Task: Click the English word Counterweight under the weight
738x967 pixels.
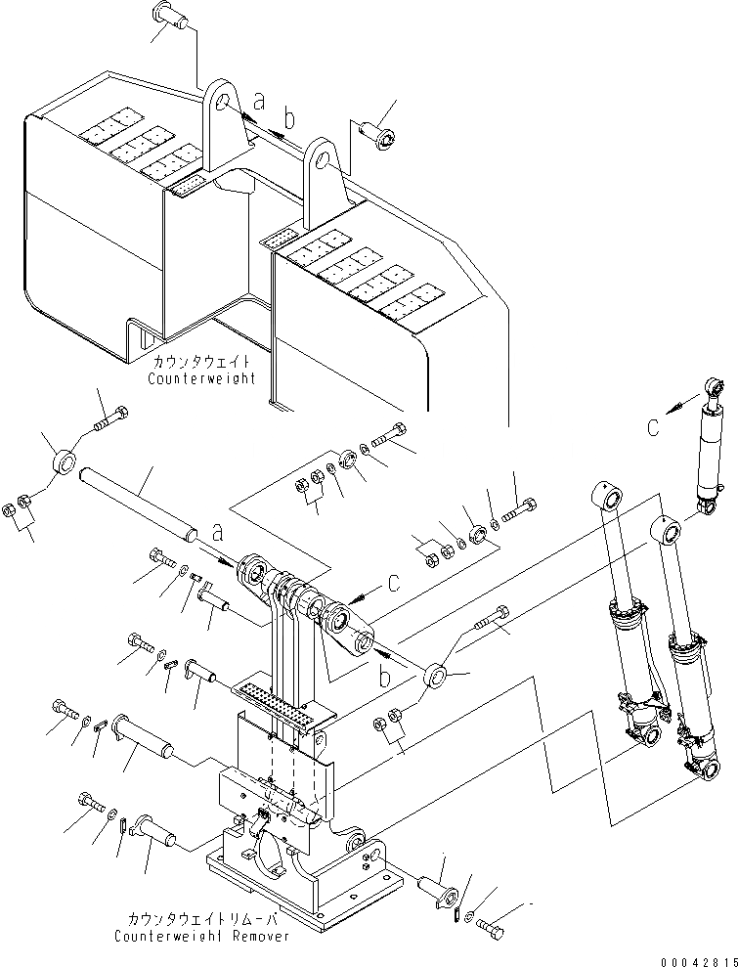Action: tap(202, 377)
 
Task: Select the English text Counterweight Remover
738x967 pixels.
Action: tap(201, 936)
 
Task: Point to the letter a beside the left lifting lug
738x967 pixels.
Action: tap(258, 100)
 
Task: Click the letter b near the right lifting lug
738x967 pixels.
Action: tap(286, 119)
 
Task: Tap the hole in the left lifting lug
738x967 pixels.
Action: tap(224, 104)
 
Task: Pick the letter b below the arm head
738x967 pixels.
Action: tap(386, 676)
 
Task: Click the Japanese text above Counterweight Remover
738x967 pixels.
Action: tap(201, 919)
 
